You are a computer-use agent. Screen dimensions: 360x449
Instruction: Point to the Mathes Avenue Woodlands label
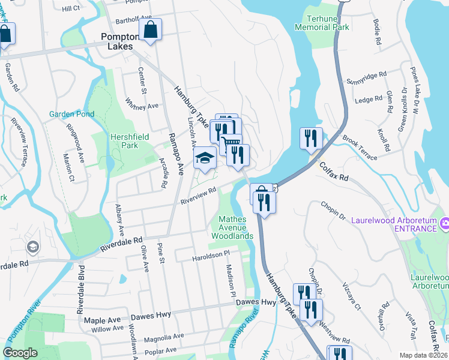tap(232, 227)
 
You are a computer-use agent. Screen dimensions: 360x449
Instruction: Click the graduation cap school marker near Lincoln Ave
tap(205, 159)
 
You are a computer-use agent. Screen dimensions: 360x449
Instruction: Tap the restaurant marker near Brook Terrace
tap(311, 138)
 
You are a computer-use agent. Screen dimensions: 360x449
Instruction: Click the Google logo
tap(20, 353)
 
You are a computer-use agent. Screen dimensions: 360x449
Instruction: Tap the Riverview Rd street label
tap(198, 196)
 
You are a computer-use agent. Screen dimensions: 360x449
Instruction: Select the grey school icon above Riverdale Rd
tap(32, 247)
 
